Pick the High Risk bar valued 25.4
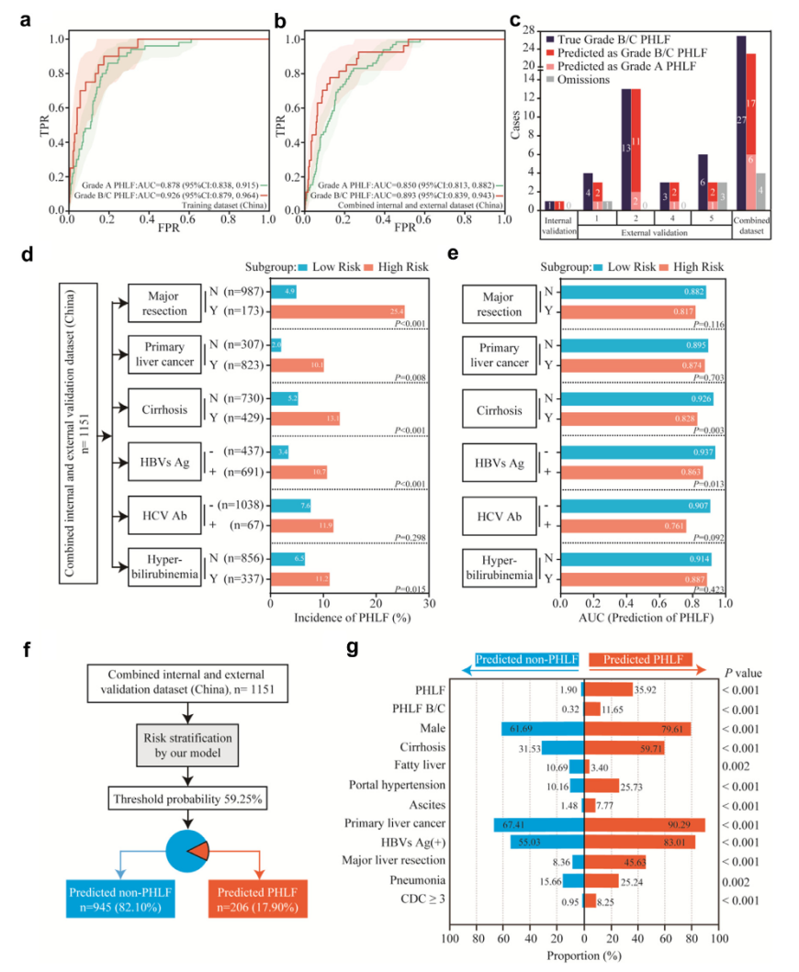337,310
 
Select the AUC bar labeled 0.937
637,451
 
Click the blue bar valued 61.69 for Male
543,729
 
